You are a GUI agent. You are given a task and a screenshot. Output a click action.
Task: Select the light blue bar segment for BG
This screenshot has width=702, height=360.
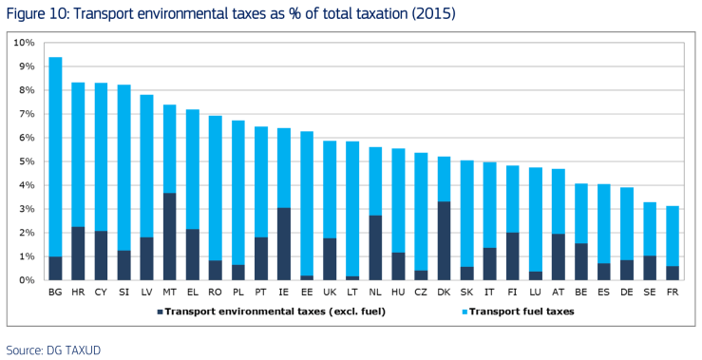pyautogui.click(x=55, y=157)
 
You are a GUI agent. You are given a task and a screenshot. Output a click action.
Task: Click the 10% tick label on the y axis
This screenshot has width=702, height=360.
pyautogui.click(x=24, y=43)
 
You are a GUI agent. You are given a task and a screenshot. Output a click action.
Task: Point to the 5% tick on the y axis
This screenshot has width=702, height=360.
pyautogui.click(x=27, y=161)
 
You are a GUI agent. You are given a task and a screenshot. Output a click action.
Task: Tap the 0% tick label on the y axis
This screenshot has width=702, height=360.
pyautogui.click(x=27, y=280)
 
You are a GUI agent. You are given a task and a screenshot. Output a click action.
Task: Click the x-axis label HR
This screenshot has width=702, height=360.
pyautogui.click(x=78, y=293)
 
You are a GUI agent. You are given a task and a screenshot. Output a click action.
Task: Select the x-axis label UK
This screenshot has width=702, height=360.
pyautogui.click(x=329, y=293)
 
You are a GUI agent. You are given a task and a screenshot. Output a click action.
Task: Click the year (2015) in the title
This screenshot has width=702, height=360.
pyautogui.click(x=429, y=15)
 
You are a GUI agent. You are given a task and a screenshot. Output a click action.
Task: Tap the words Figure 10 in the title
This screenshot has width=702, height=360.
pyautogui.click(x=37, y=15)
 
